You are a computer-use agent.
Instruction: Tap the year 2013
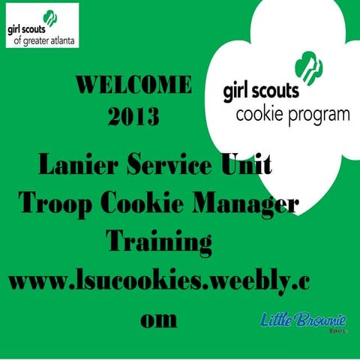[x=134, y=117]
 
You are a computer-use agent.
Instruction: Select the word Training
[x=159, y=242]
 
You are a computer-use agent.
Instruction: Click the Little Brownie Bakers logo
[x=303, y=322]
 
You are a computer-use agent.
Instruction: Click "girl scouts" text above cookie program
[x=261, y=91]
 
